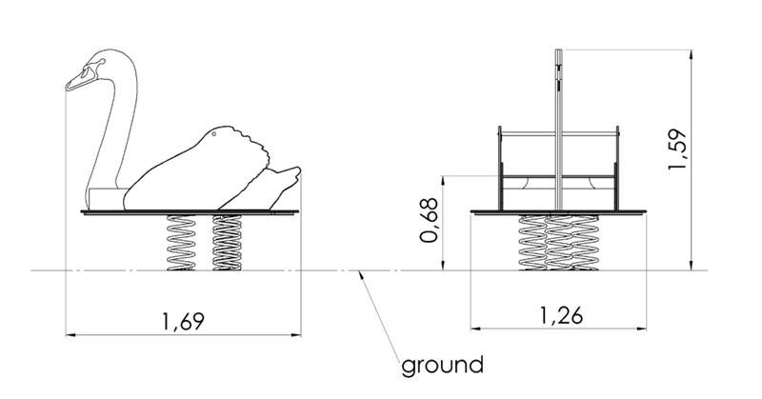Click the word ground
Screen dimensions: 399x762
(442, 364)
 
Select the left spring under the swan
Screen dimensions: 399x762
(181, 242)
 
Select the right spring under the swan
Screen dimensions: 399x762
(227, 242)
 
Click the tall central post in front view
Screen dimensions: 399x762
(558, 124)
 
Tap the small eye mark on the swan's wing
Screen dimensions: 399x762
(217, 135)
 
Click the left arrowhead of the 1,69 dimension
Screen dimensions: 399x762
(70, 334)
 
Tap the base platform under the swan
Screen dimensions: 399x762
(190, 212)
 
